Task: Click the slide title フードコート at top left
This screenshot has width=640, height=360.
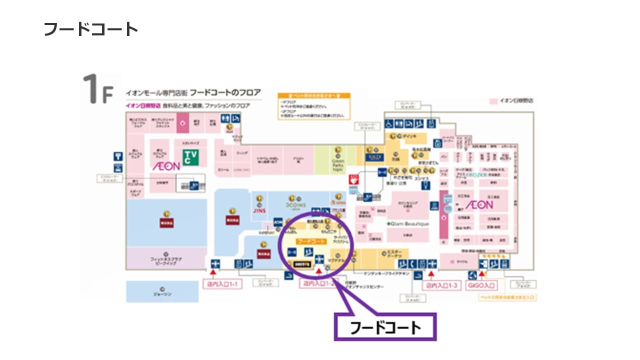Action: (90, 29)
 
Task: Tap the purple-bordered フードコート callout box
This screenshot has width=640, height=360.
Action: (385, 327)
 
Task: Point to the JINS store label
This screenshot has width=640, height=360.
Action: (259, 211)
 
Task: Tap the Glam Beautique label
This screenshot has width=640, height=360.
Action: (408, 224)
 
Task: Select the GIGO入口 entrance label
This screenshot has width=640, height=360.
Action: (482, 285)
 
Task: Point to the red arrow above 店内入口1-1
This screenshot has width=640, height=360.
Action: (213, 273)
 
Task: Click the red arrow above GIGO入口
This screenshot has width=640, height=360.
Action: (481, 273)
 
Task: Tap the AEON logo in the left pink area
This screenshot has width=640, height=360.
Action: (166, 166)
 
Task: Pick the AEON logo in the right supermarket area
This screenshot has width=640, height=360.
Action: (479, 205)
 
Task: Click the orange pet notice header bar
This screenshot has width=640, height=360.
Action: (313, 95)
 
